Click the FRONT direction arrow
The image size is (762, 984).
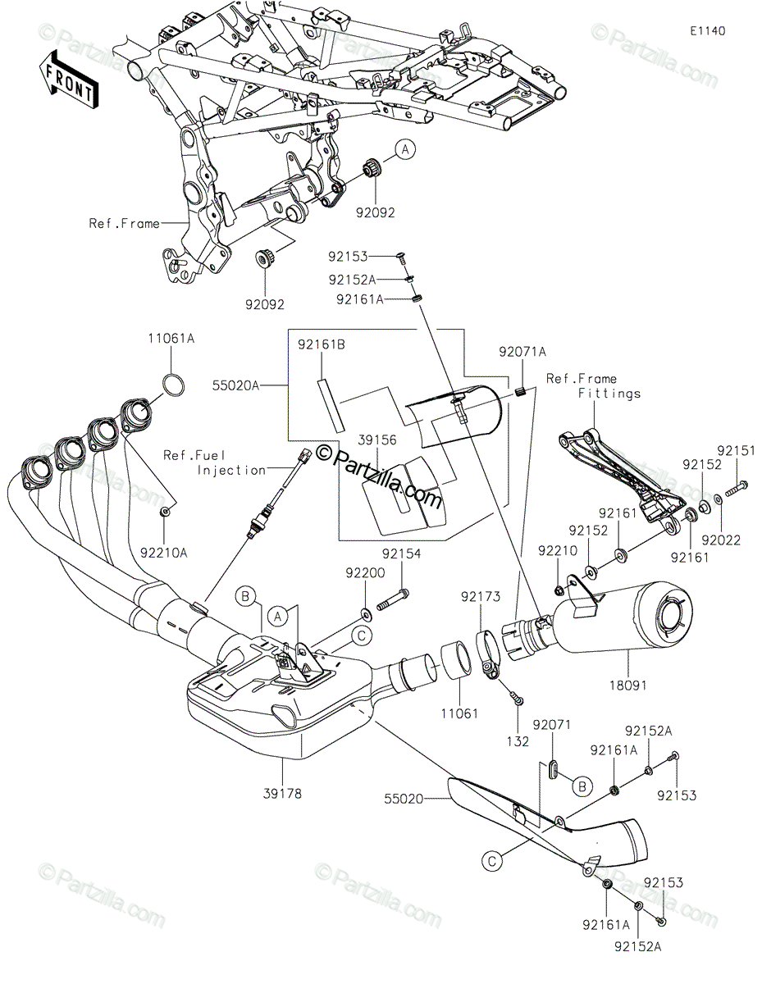[68, 80]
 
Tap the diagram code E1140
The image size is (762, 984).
[708, 31]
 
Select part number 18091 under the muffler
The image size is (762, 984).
[628, 686]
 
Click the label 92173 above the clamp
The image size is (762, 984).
[481, 597]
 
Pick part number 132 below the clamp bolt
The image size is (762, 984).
[518, 742]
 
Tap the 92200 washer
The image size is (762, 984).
[365, 614]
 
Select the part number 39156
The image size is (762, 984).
[376, 440]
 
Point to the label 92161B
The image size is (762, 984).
[322, 345]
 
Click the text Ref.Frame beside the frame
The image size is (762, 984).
[125, 223]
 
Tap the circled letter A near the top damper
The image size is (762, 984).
[405, 149]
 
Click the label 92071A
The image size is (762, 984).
[523, 352]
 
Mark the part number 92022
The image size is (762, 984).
[721, 540]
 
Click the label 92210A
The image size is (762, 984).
[163, 553]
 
